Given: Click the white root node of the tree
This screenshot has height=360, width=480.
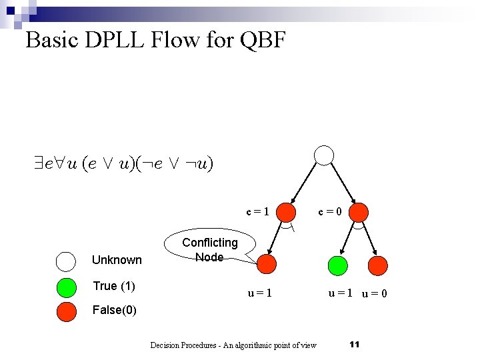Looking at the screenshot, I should tap(323, 155).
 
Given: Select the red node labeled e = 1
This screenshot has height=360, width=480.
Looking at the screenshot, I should tap(286, 212).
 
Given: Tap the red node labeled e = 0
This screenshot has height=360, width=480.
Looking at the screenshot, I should tap(359, 212).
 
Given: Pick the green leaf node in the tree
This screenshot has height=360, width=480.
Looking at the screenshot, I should tap(338, 264).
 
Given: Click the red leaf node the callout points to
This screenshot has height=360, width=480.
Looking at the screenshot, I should tap(267, 264).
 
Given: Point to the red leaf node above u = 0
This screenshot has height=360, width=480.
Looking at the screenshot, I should tap(377, 264).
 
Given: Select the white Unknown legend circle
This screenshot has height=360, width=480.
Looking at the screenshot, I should tap(67, 261).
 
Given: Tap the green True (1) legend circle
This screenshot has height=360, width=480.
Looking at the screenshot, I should tap(67, 287).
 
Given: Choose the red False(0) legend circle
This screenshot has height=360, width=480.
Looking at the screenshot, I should tap(67, 311).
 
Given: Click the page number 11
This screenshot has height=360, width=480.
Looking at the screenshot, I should tap(354, 344).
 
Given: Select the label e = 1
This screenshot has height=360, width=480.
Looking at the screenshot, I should tap(257, 212).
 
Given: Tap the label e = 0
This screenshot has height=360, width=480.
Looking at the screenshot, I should tap(329, 212).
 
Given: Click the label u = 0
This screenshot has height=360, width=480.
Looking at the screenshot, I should tap(375, 293).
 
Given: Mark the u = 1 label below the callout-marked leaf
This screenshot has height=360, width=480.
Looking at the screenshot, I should tap(259, 292).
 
